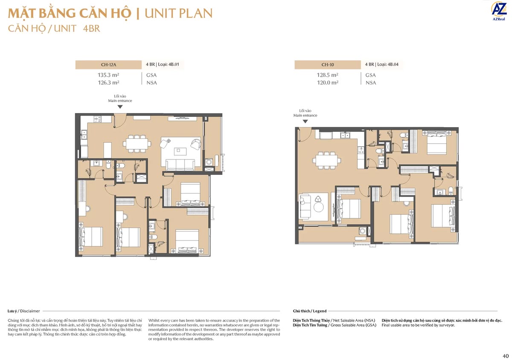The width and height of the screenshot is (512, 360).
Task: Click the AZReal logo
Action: point(498,11)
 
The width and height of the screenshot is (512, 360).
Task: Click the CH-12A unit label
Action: point(108,65)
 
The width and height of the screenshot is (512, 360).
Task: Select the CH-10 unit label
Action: point(328,65)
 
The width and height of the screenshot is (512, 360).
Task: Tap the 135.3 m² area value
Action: point(108,75)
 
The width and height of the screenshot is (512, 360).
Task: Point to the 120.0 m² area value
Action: point(328,82)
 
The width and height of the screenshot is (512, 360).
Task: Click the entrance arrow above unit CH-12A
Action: point(120,107)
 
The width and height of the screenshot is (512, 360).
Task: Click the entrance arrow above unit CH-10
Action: point(305,122)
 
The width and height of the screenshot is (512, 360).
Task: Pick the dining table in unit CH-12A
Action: point(137,144)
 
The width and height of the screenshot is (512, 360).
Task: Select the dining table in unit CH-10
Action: point(326,160)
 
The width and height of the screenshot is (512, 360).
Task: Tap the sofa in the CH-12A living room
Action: point(180,165)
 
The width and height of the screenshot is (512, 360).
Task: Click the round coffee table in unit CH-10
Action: point(318,207)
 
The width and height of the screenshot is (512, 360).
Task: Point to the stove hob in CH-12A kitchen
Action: point(98,119)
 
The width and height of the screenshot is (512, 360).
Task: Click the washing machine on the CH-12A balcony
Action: point(209,162)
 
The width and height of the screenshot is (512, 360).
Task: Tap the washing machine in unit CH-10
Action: point(363,231)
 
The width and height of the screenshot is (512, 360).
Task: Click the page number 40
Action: point(506,356)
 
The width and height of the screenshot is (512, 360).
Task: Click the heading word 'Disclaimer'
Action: point(30,311)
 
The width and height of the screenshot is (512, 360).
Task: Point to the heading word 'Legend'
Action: point(320,311)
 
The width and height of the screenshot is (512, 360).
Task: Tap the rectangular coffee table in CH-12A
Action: point(180,151)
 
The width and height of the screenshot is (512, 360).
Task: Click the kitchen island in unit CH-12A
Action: point(108,150)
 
